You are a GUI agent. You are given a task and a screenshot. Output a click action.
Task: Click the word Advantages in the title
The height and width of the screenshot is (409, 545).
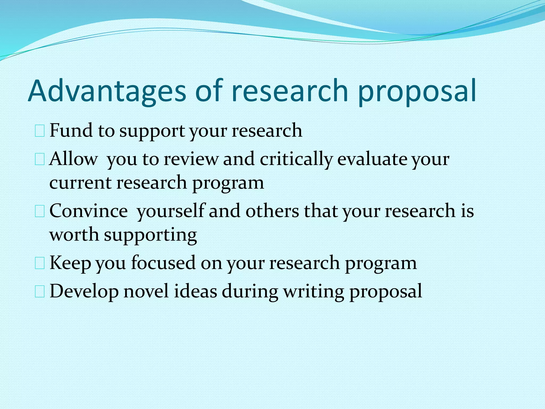pyautogui.click(x=106, y=91)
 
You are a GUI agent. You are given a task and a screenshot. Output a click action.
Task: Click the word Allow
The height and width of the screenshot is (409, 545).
pyautogui.click(x=73, y=159)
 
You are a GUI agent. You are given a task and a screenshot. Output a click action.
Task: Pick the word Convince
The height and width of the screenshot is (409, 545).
pyautogui.click(x=89, y=211)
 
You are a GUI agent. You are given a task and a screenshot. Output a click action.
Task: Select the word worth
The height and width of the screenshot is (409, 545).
pyautogui.click(x=74, y=235)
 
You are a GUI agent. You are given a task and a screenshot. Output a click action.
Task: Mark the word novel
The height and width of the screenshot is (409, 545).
pyautogui.click(x=146, y=291)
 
